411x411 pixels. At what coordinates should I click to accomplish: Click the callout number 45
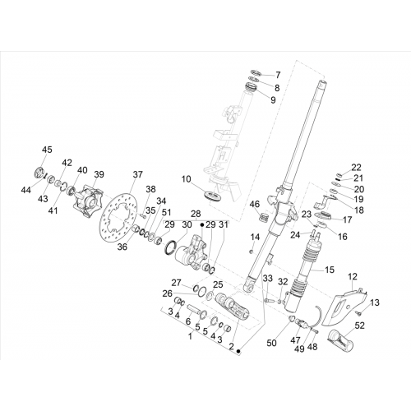pyautogui.click(x=47, y=150)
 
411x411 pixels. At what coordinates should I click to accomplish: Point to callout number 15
pyautogui.click(x=330, y=270)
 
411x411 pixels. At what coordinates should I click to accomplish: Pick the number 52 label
pyautogui.click(x=359, y=326)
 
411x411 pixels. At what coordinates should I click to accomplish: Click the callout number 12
pyautogui.click(x=353, y=277)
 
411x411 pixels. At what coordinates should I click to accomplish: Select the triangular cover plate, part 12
pyautogui.click(x=344, y=306)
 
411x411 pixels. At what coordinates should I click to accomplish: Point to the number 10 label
pyautogui.click(x=186, y=179)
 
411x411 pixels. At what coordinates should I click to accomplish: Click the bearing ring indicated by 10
pyautogui.click(x=213, y=196)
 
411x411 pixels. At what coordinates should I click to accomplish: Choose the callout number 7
pyautogui.click(x=278, y=75)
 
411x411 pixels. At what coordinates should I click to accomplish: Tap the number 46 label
pyautogui.click(x=255, y=204)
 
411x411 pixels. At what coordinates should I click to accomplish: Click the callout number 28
pyautogui.click(x=196, y=214)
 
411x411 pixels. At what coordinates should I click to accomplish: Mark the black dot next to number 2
pyautogui.click(x=238, y=351)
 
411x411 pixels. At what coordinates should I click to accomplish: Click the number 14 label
pyautogui.click(x=255, y=237)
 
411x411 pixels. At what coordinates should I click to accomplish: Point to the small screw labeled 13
pyautogui.click(x=358, y=312)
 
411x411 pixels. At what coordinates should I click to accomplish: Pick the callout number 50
pyautogui.click(x=271, y=343)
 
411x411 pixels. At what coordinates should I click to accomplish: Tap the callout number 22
pyautogui.click(x=356, y=167)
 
